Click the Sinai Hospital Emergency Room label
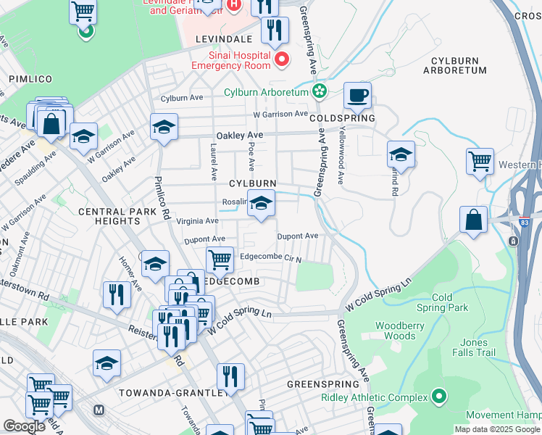230,60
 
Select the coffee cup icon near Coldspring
357,95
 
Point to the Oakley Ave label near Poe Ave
239,136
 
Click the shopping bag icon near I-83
473,220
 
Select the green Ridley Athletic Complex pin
438,397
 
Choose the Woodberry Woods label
400,331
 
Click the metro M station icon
99,410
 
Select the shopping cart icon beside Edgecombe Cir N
220,259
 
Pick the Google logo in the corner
24,426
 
